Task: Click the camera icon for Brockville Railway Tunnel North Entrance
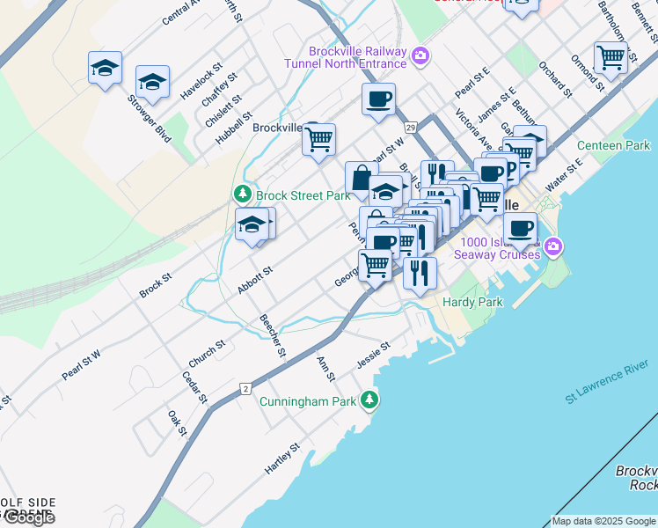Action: pos(420,56)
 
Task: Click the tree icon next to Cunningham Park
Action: pos(370,401)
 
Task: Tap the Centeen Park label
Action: pos(613,145)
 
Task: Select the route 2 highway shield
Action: pos(246,387)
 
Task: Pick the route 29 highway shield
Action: pos(411,128)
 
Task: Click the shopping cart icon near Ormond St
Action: pos(610,58)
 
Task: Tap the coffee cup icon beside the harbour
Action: pos(520,228)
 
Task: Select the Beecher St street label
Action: pos(273,336)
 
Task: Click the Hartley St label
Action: pos(282,459)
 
